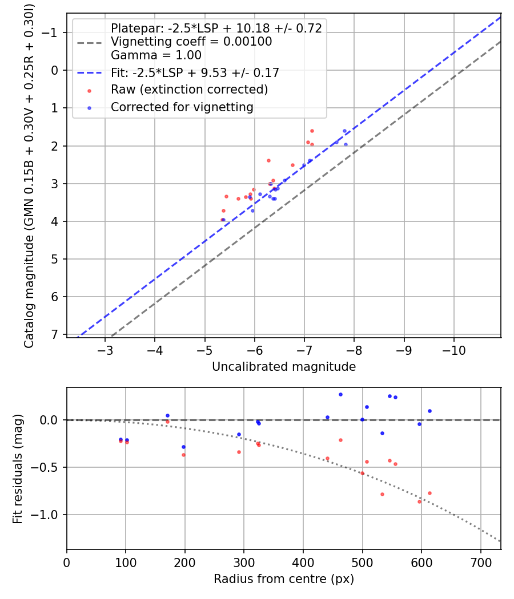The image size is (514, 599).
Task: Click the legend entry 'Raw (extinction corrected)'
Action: [x=189, y=90]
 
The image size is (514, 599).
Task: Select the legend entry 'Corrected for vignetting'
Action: [x=182, y=107]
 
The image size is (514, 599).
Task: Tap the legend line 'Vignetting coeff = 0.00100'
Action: [x=191, y=42]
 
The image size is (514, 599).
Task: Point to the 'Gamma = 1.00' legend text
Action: [x=156, y=55]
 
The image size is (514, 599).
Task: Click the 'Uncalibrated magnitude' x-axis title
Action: [x=284, y=367]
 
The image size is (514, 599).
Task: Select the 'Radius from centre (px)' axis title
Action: [x=284, y=579]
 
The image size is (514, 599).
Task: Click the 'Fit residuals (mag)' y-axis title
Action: [x=18, y=468]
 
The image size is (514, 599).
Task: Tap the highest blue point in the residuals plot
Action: [x=340, y=394]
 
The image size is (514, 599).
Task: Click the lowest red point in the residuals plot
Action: [x=419, y=501]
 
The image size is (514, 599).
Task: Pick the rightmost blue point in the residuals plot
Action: [x=429, y=411]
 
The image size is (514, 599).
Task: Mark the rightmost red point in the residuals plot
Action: [x=429, y=493]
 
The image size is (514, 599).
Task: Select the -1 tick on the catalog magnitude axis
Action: [x=55, y=33]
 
